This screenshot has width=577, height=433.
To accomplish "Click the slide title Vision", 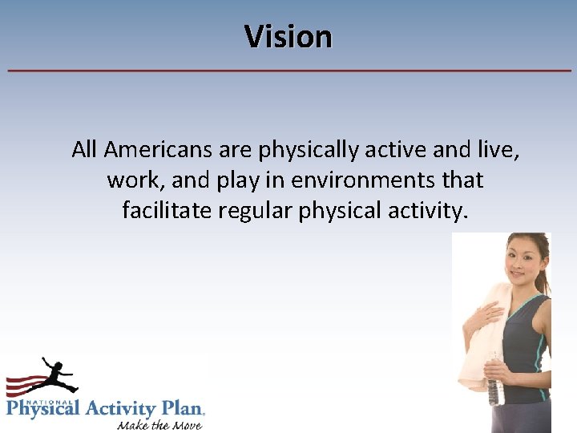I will [x=288, y=37].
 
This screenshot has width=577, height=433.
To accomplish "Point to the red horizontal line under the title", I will [x=288, y=71].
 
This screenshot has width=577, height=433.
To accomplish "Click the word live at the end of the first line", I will [x=498, y=149].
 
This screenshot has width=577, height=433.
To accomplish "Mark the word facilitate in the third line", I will [x=165, y=211].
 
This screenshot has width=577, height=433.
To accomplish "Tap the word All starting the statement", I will [x=83, y=149].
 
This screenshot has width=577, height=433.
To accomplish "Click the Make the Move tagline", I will [x=159, y=424].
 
